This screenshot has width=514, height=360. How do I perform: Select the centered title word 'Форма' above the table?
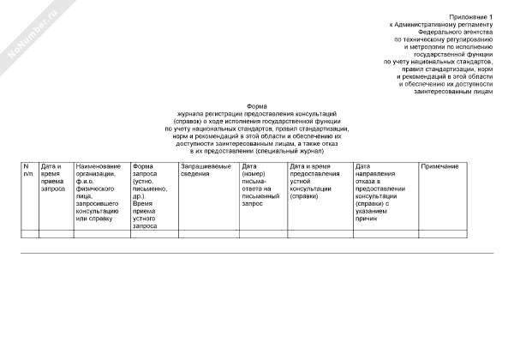(257, 106)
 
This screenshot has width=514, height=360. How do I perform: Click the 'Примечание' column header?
(439, 165)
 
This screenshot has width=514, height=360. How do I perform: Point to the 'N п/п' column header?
(28, 169)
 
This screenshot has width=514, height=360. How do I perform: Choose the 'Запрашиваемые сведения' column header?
(206, 169)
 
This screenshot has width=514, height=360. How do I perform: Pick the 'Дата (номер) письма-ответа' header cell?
(262, 184)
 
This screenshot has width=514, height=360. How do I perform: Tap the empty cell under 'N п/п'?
(29, 233)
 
